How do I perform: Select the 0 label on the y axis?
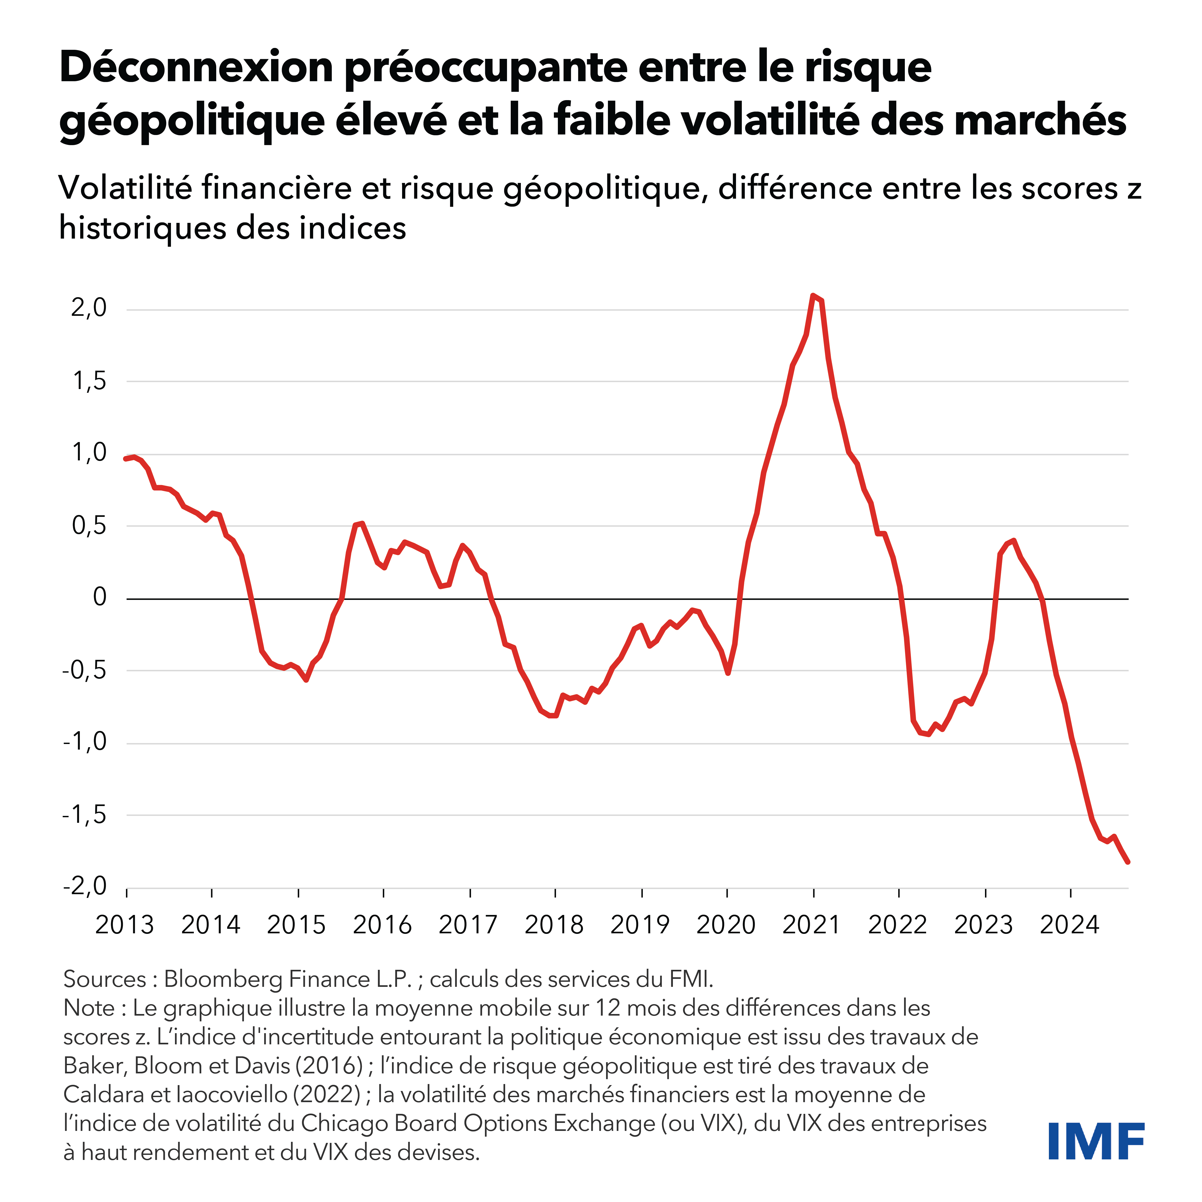(x=100, y=597)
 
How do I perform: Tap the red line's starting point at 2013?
(x=126, y=459)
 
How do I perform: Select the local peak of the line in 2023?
(x=1014, y=541)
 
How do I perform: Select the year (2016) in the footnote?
(x=329, y=1066)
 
